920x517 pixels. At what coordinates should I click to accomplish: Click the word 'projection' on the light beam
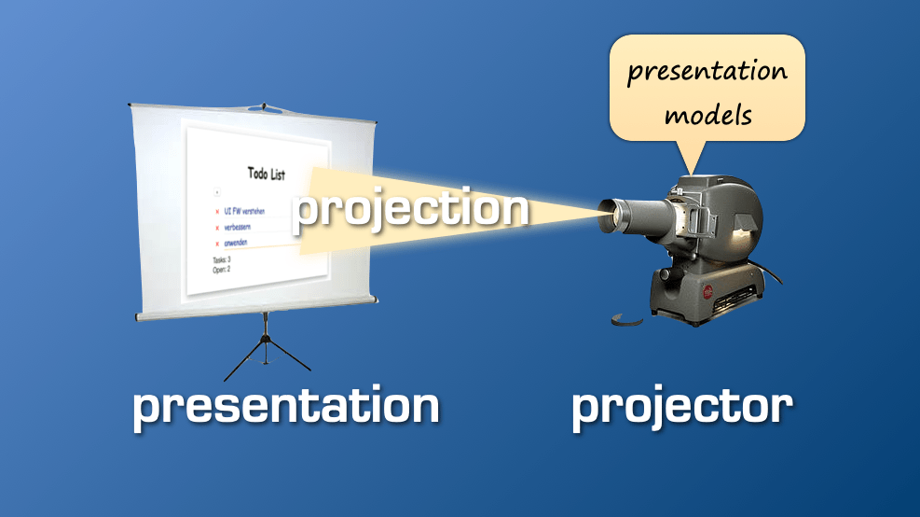click(410, 210)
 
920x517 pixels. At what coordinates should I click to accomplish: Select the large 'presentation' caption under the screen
click(285, 407)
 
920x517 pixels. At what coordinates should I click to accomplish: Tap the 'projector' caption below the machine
click(681, 407)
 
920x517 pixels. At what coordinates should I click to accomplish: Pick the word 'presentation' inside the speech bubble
click(707, 72)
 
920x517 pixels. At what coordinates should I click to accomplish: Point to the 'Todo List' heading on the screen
click(267, 174)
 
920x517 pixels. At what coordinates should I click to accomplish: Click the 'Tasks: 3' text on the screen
click(222, 259)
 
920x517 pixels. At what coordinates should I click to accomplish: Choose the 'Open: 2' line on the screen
click(221, 269)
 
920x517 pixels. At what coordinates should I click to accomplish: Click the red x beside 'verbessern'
click(217, 228)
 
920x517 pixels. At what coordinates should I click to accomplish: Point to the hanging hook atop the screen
click(264, 105)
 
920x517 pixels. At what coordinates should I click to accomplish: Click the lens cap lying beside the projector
click(626, 320)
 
